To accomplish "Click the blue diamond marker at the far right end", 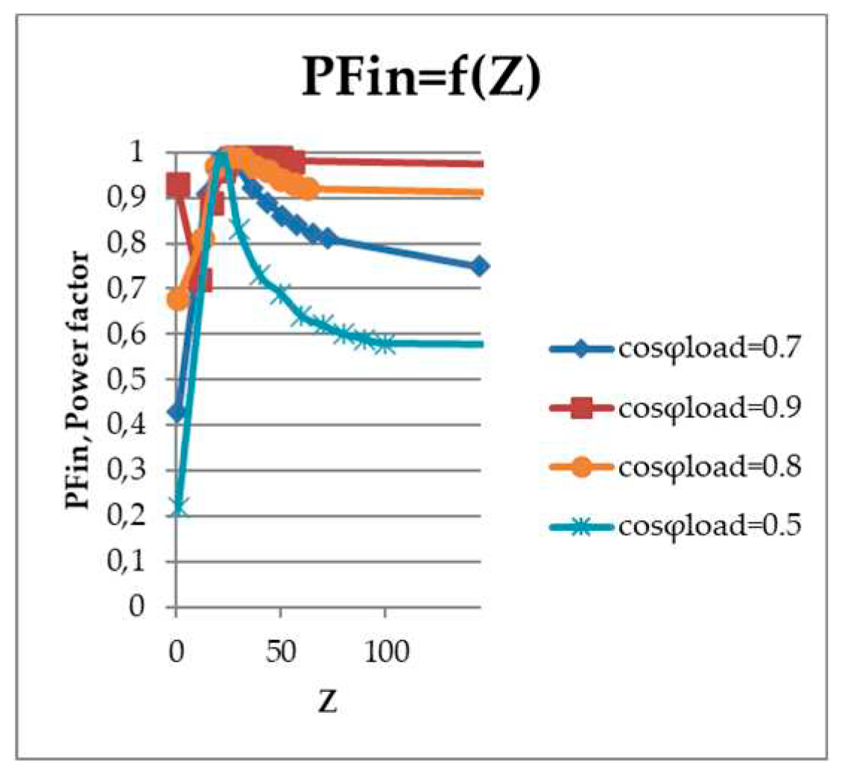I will (480, 266).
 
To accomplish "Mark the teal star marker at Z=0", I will (177, 508).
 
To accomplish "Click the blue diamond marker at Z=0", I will (177, 412).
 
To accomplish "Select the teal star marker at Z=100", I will (384, 344).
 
